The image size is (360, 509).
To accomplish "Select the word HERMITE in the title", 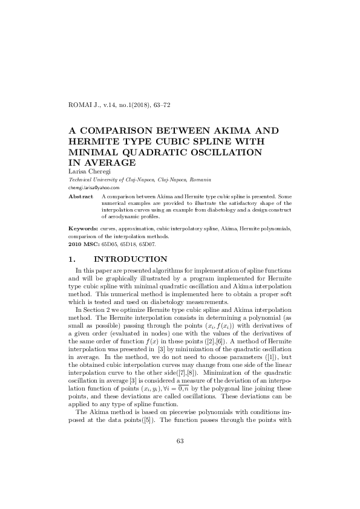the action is point(96,141).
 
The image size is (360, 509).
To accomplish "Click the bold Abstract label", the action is point(80,196).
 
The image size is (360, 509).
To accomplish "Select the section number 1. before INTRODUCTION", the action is point(74,259).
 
